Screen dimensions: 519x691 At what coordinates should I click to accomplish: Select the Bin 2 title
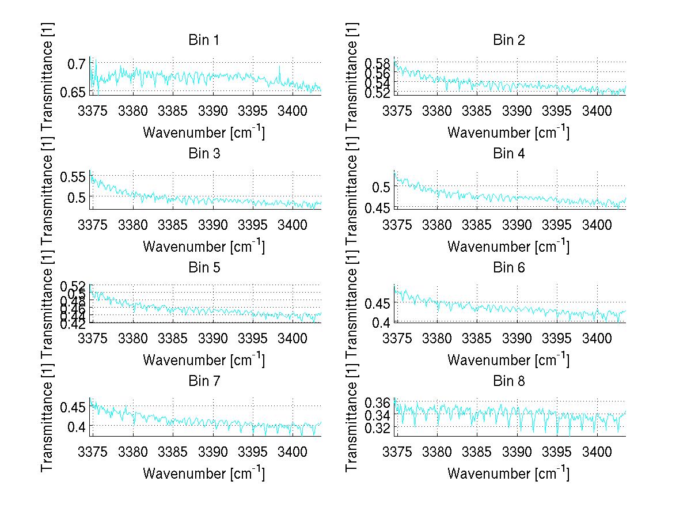508,40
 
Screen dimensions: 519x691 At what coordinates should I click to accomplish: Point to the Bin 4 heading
508,154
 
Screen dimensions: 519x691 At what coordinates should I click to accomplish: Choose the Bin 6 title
508,267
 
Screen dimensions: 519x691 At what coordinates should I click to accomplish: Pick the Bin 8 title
508,381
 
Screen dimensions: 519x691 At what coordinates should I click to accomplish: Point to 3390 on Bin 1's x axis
213,111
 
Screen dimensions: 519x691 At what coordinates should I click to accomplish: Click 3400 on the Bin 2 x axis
597,111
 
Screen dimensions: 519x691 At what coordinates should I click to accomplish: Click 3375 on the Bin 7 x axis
93,452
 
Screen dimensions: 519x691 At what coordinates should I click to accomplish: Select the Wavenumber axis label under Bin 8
508,473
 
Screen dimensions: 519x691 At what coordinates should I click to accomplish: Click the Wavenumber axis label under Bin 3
204,246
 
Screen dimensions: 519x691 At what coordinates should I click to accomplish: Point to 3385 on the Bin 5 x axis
173,338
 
